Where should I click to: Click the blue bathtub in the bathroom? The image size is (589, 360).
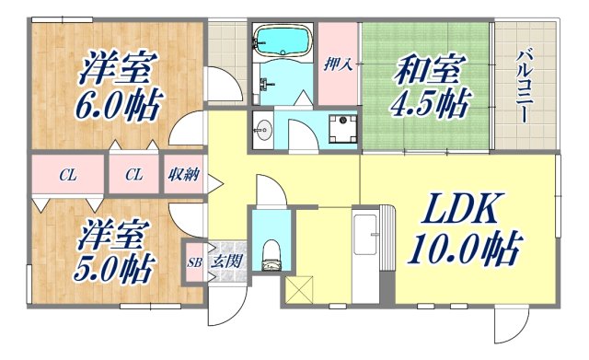point(283,41)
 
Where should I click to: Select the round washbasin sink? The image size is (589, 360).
point(262,129)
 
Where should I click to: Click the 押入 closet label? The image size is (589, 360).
point(338,64)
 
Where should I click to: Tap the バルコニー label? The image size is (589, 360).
point(520,87)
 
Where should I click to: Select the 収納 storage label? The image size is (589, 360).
point(182,174)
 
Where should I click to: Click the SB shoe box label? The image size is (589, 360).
point(194,262)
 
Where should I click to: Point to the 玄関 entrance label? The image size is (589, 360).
point(227,262)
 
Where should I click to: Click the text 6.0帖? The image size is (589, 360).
point(117,104)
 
